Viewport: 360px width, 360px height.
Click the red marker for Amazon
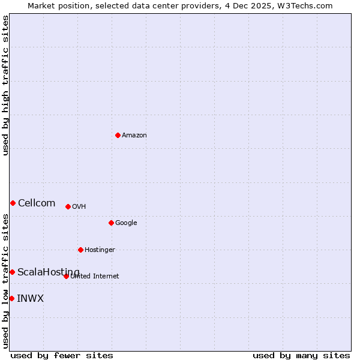tap(118, 135)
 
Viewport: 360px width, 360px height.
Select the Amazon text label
tap(134, 136)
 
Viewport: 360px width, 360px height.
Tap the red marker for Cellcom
tap(13, 203)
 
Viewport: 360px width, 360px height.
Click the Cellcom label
tap(37, 203)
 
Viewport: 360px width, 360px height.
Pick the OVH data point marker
tap(68, 206)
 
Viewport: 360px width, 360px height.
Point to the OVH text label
tap(79, 207)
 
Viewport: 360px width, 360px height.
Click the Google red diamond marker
tap(111, 223)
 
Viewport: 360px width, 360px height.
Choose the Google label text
tap(126, 223)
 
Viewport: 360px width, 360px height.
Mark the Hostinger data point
tap(80, 250)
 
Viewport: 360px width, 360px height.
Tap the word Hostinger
tap(100, 250)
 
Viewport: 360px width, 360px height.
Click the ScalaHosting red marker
tap(12, 272)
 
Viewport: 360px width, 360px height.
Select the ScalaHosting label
tap(48, 272)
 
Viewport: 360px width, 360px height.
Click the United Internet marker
tap(66, 276)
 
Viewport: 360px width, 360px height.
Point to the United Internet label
tap(95, 277)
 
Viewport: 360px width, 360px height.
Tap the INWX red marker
tap(11, 298)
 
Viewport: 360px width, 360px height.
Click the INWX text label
tap(30, 299)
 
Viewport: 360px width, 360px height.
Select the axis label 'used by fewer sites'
tap(62, 355)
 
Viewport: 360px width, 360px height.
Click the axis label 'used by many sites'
tap(301, 355)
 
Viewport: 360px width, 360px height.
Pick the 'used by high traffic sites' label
tap(5, 85)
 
